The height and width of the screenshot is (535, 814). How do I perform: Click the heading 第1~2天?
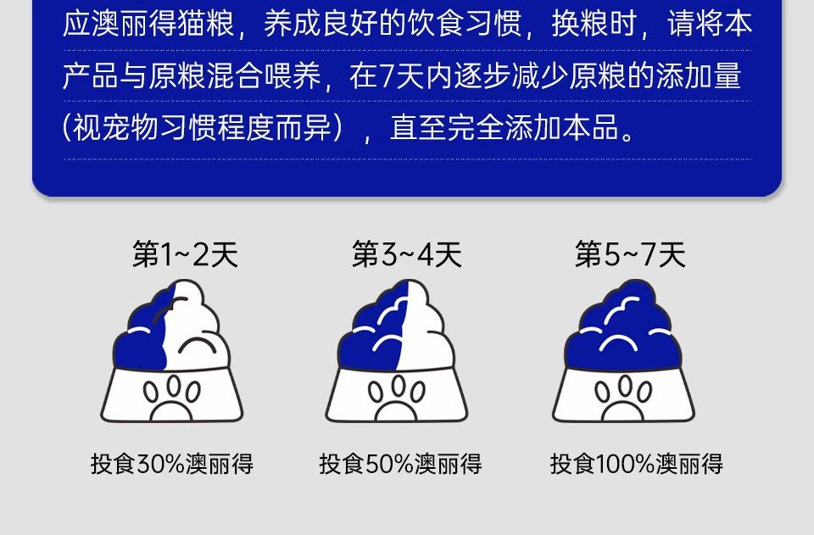(185, 254)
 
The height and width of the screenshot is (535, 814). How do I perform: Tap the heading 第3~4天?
(406, 254)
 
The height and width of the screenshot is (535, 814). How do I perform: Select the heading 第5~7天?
(630, 254)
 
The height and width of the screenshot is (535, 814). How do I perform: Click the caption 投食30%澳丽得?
(172, 464)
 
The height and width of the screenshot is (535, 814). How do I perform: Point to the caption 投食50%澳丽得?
(400, 464)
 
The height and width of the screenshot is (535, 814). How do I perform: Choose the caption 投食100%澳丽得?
(637, 464)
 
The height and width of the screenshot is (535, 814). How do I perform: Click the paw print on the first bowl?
(171, 398)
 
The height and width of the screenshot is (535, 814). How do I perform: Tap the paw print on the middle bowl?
(396, 398)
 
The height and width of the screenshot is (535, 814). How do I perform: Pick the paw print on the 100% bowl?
(622, 398)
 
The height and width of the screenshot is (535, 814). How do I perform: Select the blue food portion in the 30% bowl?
(140, 337)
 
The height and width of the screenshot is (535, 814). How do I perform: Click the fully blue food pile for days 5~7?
(623, 327)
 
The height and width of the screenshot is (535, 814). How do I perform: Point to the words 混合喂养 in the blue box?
(265, 76)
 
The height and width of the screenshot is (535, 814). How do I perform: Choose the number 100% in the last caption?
(624, 464)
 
